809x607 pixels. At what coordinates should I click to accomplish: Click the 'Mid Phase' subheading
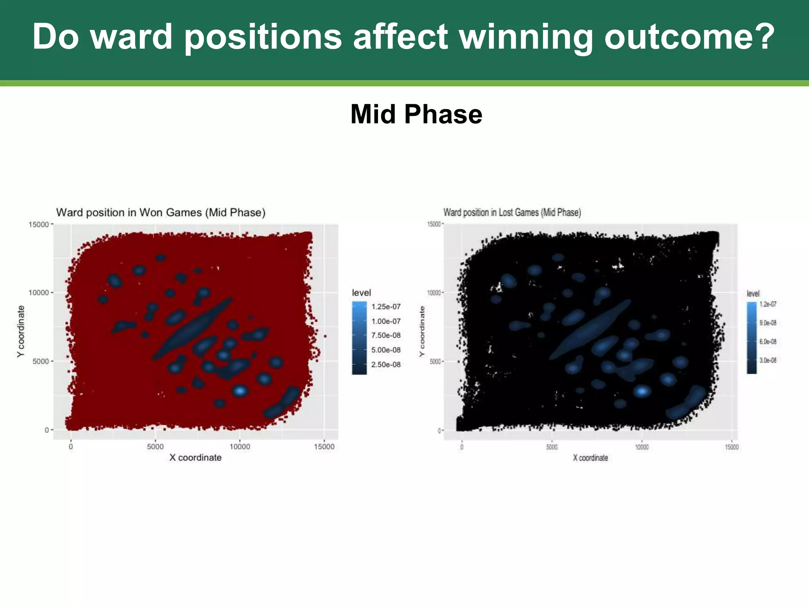click(x=416, y=114)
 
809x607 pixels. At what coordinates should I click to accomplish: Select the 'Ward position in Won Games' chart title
click(x=161, y=213)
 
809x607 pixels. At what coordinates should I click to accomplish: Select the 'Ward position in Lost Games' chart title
click(x=512, y=213)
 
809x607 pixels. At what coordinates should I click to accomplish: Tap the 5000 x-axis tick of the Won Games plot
click(x=155, y=447)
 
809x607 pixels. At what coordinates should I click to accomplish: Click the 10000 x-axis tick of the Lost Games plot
click(x=642, y=447)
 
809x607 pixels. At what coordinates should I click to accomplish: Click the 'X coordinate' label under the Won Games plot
click(x=195, y=458)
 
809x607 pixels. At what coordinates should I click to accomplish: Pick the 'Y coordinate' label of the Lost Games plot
click(x=422, y=331)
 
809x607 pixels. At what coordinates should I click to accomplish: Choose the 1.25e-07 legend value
click(x=386, y=307)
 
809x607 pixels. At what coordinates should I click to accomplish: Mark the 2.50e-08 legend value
click(x=386, y=364)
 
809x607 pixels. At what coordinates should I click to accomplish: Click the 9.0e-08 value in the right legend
click(x=768, y=323)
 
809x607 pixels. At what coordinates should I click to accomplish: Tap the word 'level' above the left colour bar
click(x=361, y=293)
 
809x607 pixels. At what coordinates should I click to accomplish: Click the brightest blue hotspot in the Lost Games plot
click(x=642, y=391)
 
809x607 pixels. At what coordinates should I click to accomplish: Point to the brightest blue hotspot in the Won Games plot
click(x=240, y=391)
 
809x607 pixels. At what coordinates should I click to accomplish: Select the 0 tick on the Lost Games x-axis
click(x=462, y=447)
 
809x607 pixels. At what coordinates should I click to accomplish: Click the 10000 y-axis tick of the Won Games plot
click(x=38, y=293)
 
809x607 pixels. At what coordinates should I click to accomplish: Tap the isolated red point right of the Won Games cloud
click(x=325, y=336)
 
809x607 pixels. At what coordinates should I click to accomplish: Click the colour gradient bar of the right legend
click(x=751, y=338)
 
